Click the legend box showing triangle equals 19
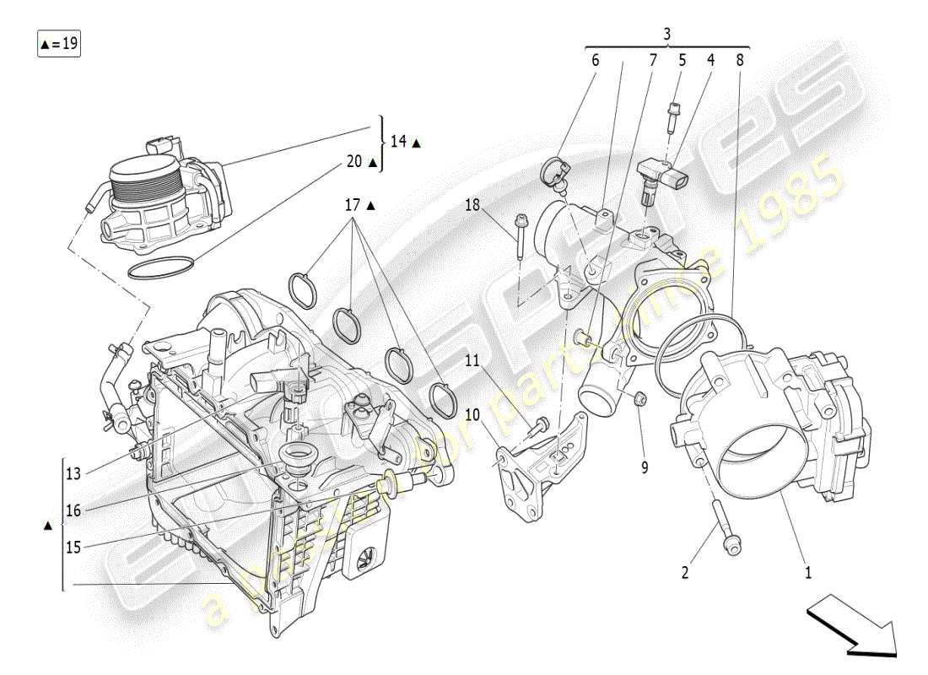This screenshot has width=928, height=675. tap(58, 43)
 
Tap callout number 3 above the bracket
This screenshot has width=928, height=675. tap(666, 34)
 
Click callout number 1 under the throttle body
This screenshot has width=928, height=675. tap(808, 573)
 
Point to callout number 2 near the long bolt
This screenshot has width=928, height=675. tap(685, 573)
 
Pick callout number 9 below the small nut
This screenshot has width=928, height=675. tap(645, 466)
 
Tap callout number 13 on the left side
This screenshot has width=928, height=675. tap(73, 473)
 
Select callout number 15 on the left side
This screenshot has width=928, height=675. tap(73, 547)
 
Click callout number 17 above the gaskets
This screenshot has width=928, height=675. tap(352, 204)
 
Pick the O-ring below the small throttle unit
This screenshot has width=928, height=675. tap(162, 268)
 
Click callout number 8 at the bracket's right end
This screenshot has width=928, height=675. tap(739, 60)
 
